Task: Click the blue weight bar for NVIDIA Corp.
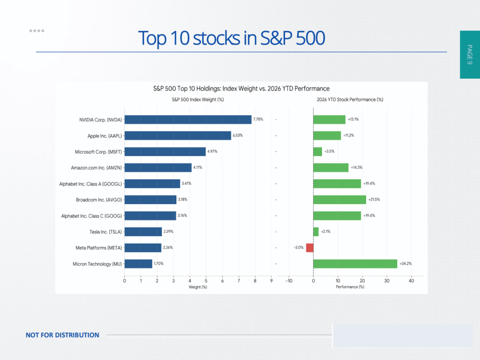(x=188, y=120)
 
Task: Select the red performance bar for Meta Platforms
(x=310, y=247)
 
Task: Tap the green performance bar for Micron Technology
(x=355, y=263)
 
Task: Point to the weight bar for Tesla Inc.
(x=143, y=232)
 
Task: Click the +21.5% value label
(x=374, y=199)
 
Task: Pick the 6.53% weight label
(x=238, y=135)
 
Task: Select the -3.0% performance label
(x=299, y=247)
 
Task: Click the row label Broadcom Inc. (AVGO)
(x=99, y=200)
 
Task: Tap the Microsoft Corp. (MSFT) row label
(x=98, y=152)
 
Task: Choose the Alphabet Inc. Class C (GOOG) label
(x=91, y=216)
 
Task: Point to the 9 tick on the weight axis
(x=271, y=281)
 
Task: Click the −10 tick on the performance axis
(x=289, y=281)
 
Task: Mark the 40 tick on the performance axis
(x=412, y=281)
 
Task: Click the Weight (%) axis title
(x=198, y=287)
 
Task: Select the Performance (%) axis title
(x=350, y=287)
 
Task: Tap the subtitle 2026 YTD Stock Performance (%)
(x=350, y=99)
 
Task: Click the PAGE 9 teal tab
(x=470, y=54)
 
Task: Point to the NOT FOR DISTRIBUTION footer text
(x=62, y=335)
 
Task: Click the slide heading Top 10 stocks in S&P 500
(x=232, y=38)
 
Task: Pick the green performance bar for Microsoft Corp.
(x=317, y=151)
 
